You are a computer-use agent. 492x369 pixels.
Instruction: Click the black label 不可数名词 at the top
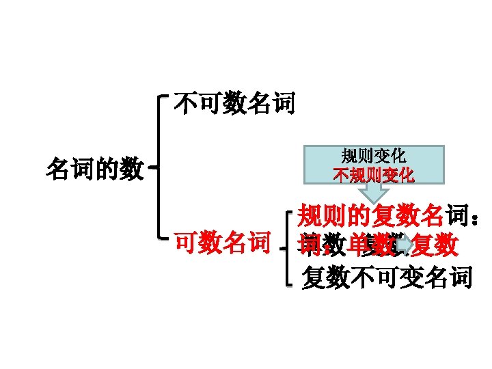point(234,103)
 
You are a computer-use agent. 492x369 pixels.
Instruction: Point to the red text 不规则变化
point(373,175)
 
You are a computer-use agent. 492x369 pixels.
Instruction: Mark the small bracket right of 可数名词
point(287,246)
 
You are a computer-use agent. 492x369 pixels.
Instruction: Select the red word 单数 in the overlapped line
point(369,245)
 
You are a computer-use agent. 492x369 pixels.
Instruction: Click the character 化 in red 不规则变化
point(406,175)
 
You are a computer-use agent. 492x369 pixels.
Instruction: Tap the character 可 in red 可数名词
point(186,242)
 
